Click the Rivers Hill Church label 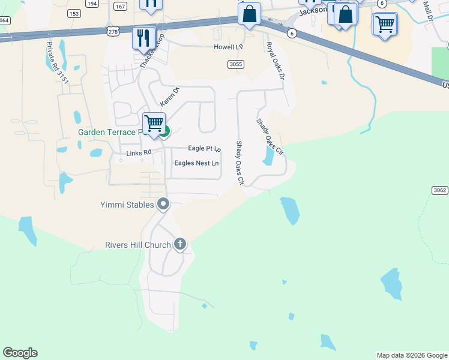[137, 245]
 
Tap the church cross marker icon [179, 244]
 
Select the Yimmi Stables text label [127, 205]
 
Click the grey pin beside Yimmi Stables [163, 205]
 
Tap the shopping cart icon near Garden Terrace [154, 123]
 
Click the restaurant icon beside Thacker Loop [143, 38]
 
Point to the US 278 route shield [113, 30]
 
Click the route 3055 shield [236, 64]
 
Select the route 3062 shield [439, 190]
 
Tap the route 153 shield [74, 13]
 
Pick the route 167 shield [121, 6]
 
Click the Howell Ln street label [229, 47]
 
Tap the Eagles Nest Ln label [196, 163]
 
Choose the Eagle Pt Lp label [204, 148]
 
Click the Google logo [20, 353]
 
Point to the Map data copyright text [411, 355]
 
